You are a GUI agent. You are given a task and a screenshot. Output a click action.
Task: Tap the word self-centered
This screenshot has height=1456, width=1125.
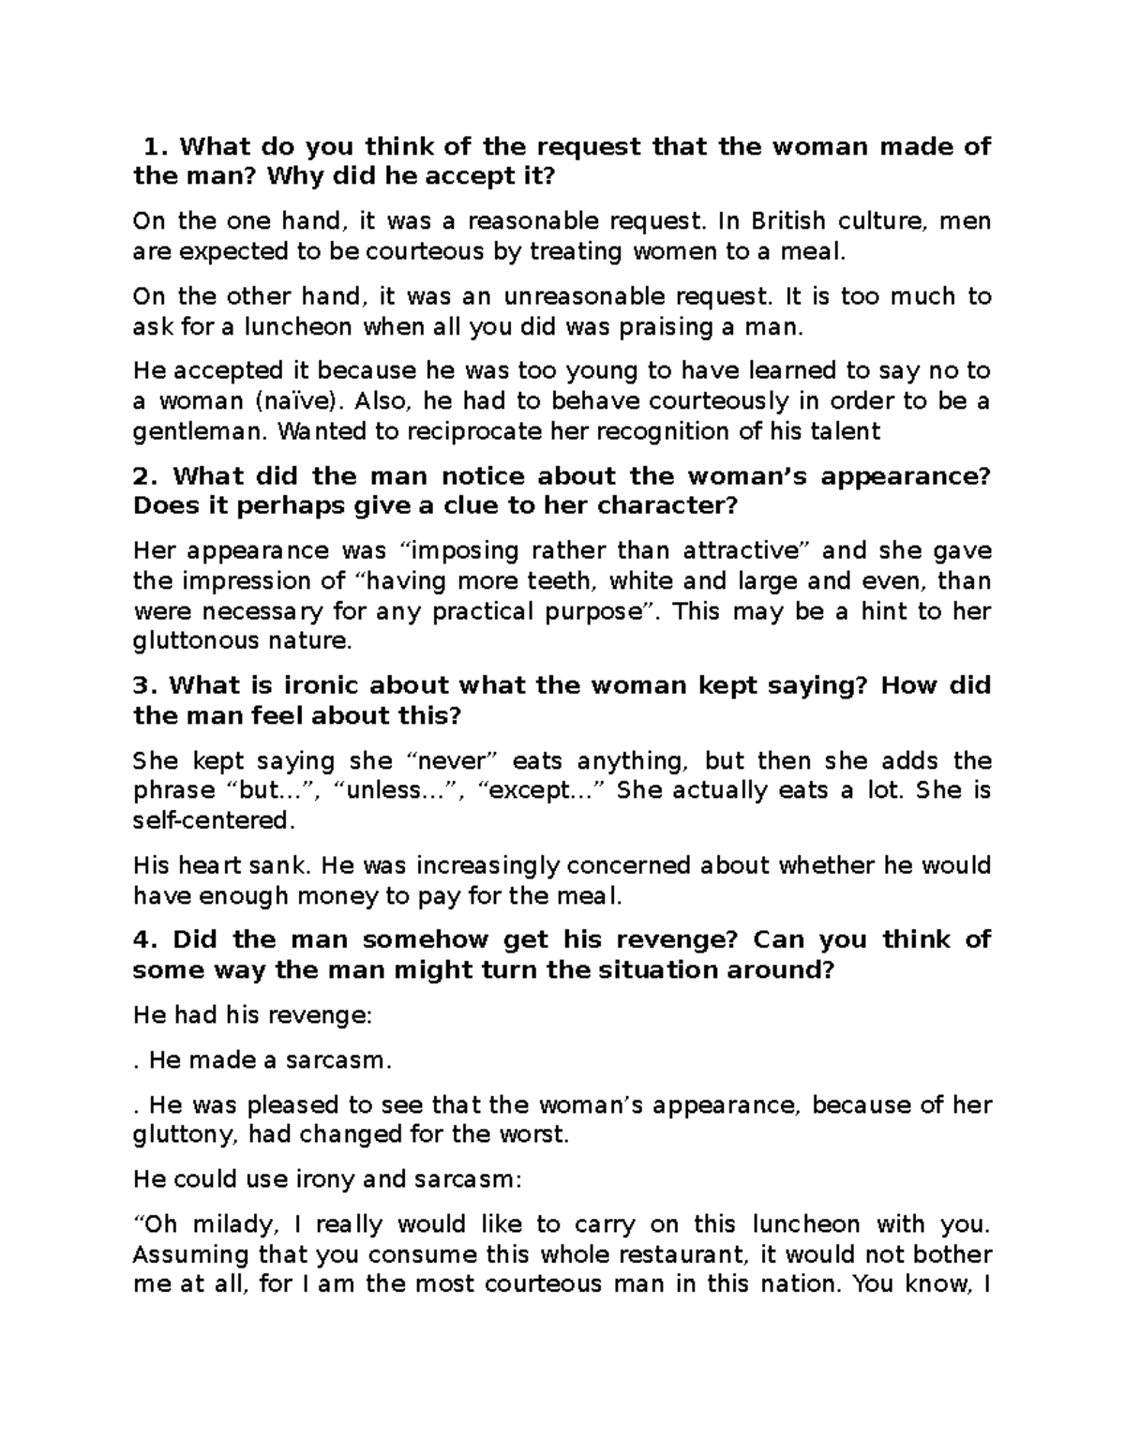coord(213,820)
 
